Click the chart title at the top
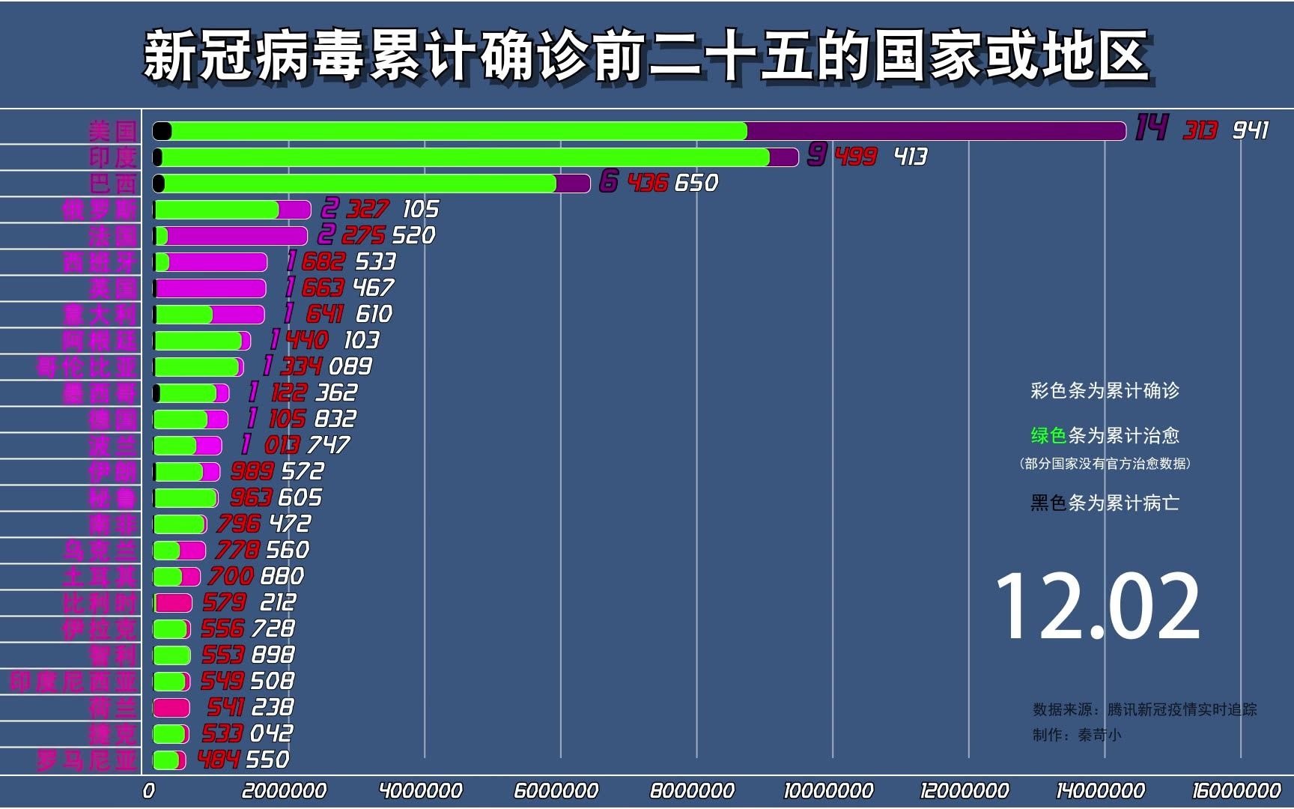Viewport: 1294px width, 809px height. pos(646,56)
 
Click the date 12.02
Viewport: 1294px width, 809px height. pos(1098,605)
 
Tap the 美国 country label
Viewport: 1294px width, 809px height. pos(112,131)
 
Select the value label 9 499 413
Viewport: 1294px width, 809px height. pos(867,157)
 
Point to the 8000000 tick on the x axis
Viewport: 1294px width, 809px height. pos(692,790)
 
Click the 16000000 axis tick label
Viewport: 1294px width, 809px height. pos(1236,790)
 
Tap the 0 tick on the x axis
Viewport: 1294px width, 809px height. pos(149,790)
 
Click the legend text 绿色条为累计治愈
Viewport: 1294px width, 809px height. pos(1105,435)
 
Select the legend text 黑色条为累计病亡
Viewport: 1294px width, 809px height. pos(1105,503)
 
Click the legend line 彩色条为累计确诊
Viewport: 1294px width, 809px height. pos(1105,390)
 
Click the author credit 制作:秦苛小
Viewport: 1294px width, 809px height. pos(1077,735)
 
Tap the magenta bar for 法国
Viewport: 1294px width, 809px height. pos(236,236)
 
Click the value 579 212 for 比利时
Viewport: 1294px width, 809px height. pos(249,602)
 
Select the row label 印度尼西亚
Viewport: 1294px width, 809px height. pos(73,681)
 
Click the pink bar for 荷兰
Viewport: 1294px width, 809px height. pos(171,707)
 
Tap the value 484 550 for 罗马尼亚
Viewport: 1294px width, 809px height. pos(243,760)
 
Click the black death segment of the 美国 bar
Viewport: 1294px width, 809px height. pos(162,131)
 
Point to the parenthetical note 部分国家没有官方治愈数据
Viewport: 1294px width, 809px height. pos(1105,464)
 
